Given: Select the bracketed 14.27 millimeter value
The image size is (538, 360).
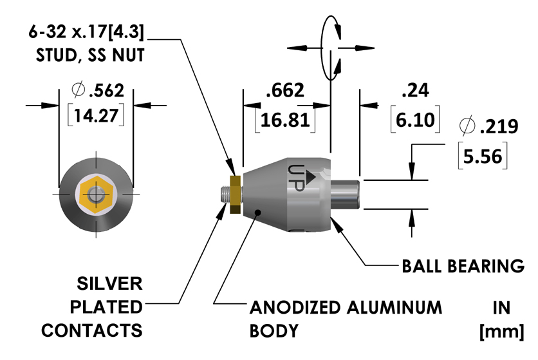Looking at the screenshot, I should pos(95,117).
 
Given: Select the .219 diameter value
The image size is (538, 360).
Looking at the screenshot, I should pos(499,127).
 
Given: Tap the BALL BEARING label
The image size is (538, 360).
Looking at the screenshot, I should pos(463,265).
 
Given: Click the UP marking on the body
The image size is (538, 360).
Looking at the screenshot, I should pos(298,176).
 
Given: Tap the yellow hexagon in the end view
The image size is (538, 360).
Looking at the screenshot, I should pos(97,194).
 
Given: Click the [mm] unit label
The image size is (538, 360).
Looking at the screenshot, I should pos(502,331).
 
